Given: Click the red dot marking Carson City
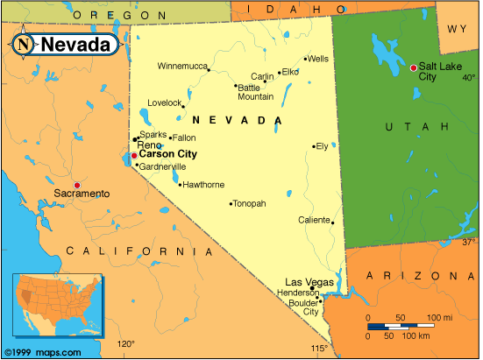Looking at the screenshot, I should pyautogui.click(x=133, y=155).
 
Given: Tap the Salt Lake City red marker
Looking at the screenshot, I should pyautogui.click(x=413, y=67).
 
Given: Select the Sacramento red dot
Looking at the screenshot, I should pyautogui.click(x=77, y=184).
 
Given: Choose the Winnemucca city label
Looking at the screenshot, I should pyautogui.click(x=182, y=66).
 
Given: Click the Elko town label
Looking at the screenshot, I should pyautogui.click(x=290, y=71).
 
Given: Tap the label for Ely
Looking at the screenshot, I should pyautogui.click(x=322, y=145).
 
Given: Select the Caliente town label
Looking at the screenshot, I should pyautogui.click(x=314, y=219).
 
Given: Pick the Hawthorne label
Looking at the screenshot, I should pyautogui.click(x=204, y=184).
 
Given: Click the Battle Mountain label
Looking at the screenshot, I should pyautogui.click(x=256, y=91).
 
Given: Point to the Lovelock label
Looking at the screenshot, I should pyautogui.click(x=163, y=102).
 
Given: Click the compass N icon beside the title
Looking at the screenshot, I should pyautogui.click(x=25, y=44).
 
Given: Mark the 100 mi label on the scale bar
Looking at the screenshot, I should pyautogui.click(x=438, y=317).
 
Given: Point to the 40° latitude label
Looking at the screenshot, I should pyautogui.click(x=469, y=77).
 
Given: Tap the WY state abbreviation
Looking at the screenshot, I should pyautogui.click(x=457, y=29).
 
